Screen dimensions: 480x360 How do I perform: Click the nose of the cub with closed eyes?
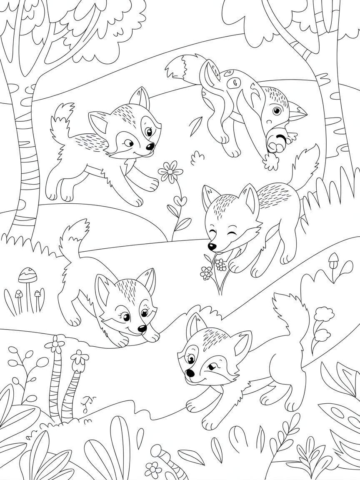point(212,247)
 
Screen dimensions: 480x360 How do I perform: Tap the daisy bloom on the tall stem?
point(170,171)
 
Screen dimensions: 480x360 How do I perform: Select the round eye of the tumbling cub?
point(277,111)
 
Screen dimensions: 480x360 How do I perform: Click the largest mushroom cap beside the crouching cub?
point(27,275)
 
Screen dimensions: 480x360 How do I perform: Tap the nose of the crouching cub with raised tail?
point(142,329)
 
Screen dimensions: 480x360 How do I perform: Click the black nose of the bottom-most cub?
point(190,372)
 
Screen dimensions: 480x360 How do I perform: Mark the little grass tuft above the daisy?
point(197,157)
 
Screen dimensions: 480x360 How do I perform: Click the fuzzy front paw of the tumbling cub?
point(272,162)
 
